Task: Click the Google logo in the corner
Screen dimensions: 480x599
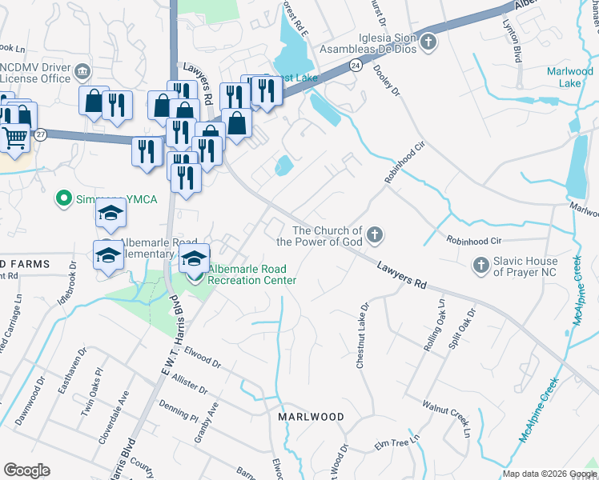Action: (26, 470)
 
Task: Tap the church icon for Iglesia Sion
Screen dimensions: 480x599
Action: (428, 41)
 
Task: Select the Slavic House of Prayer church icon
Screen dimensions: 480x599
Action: (480, 264)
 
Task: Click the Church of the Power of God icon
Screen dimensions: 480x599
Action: (375, 235)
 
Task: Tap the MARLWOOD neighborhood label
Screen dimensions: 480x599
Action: (311, 418)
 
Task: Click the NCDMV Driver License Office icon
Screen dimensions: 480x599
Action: (82, 74)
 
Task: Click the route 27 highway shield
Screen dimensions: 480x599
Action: (41, 134)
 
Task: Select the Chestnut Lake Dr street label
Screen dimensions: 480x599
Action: (361, 335)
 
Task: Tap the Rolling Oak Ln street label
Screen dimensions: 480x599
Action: (439, 322)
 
